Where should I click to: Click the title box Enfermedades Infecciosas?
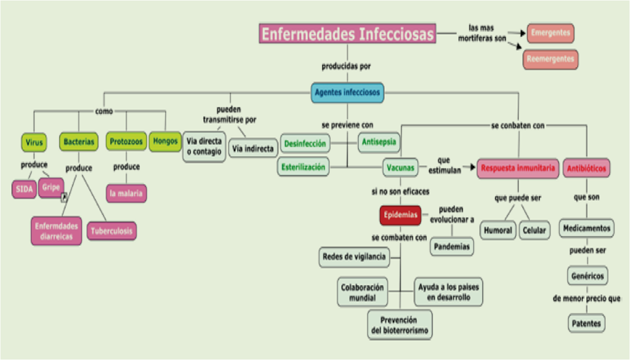347,34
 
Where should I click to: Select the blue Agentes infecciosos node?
347,92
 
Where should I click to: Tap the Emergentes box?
550,33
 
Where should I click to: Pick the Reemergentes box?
550,59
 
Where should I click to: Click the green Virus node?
34,142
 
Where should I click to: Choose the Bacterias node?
78,142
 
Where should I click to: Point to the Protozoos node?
126,142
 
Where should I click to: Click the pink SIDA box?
24,189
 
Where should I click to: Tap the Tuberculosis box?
112,231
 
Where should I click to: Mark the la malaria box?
126,193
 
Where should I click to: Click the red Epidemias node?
400,215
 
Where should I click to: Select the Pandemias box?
452,247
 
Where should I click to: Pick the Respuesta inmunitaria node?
517,168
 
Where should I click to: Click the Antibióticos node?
587,169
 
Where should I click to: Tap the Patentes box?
587,323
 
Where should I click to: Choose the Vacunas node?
400,168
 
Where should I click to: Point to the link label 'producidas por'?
346,66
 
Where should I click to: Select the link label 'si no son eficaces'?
400,191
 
